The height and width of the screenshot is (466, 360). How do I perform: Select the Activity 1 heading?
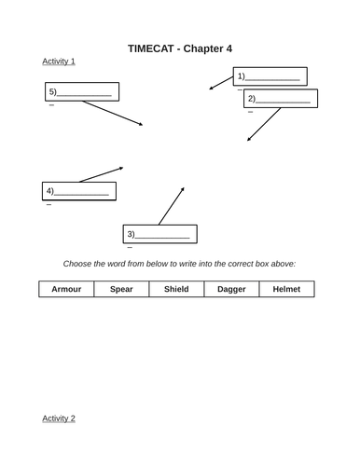[59, 62]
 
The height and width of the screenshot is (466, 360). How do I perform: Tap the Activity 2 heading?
[59, 418]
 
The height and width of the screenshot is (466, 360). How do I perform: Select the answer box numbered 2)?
[281, 98]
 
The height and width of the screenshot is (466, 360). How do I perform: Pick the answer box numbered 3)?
[159, 233]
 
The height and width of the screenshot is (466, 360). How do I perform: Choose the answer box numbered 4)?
[79, 191]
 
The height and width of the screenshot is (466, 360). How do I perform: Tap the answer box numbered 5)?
[81, 91]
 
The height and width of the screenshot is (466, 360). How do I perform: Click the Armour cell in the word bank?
[66, 289]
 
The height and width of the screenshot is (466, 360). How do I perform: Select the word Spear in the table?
[121, 289]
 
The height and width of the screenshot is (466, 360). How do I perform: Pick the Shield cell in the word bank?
[176, 289]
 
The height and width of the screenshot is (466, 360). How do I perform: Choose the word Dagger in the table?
[231, 289]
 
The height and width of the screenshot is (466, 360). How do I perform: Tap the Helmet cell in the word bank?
[286, 289]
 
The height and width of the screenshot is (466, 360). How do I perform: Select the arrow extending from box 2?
[263, 125]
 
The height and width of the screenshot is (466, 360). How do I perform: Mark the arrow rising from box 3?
[171, 206]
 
